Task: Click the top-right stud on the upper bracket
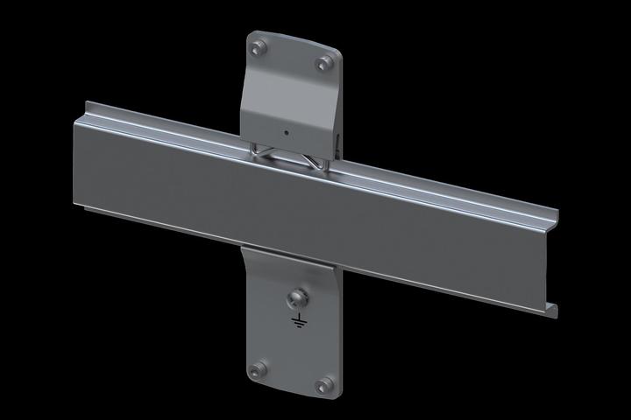[x=326, y=62]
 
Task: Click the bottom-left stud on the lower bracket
[x=258, y=367]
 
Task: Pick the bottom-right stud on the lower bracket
[x=327, y=383]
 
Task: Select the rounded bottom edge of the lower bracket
[x=292, y=395]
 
